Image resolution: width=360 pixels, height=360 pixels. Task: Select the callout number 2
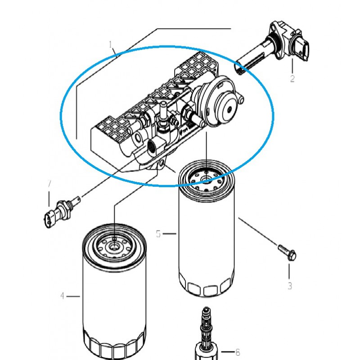point(292,79)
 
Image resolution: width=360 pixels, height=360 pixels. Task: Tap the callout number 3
point(290,285)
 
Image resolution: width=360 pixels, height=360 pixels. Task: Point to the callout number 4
point(63,296)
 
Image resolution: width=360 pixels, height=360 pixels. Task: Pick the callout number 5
point(158,234)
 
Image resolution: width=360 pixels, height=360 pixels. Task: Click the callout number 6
point(238,352)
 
